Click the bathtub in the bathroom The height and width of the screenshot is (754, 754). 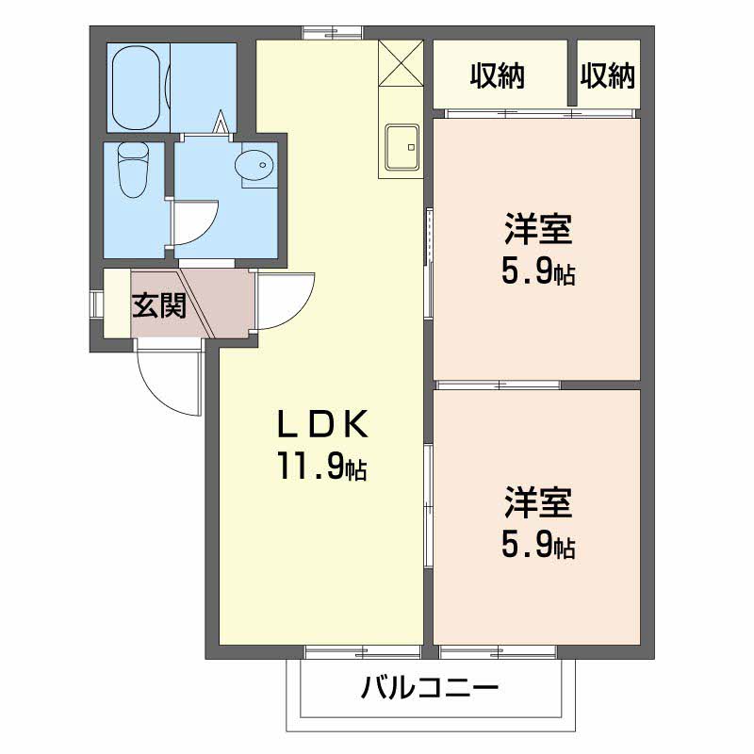coord(135,88)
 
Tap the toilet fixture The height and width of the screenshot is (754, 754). coord(132,170)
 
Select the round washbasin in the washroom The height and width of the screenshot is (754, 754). coord(254,165)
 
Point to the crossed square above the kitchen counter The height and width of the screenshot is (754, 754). coord(401,63)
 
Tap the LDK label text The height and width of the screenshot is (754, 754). coord(323,423)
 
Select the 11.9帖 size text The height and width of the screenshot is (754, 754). coord(321,467)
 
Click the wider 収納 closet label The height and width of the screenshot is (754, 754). coord(498,76)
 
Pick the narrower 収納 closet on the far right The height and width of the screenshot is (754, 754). coord(608,76)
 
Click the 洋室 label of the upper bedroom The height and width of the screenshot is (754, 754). coord(538,229)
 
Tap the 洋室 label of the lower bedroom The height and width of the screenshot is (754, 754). coord(538,503)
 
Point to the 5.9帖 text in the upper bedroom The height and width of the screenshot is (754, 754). coord(538,271)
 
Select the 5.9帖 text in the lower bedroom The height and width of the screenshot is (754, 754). coord(538,546)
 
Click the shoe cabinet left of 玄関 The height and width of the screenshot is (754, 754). coord(117,303)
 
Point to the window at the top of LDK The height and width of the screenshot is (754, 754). coord(332,33)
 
